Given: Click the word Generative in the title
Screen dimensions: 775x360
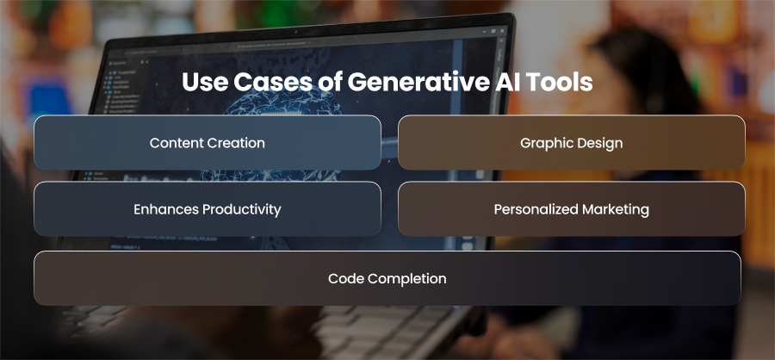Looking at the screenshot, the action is (x=413, y=82).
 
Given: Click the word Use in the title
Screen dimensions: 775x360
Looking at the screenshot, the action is (x=205, y=82).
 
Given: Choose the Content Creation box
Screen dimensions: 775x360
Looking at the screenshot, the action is (x=208, y=142).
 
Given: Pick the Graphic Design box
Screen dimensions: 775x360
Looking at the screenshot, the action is (x=572, y=142).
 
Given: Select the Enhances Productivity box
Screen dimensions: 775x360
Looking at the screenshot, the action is (x=208, y=208).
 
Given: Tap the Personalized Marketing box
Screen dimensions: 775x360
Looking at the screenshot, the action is (x=572, y=208).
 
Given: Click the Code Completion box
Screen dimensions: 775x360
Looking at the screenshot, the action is (x=387, y=278).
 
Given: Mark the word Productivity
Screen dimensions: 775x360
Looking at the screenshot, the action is (x=242, y=209).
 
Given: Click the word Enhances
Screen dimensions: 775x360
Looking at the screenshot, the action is (x=166, y=209).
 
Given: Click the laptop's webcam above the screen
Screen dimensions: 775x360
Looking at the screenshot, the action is (x=295, y=32).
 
